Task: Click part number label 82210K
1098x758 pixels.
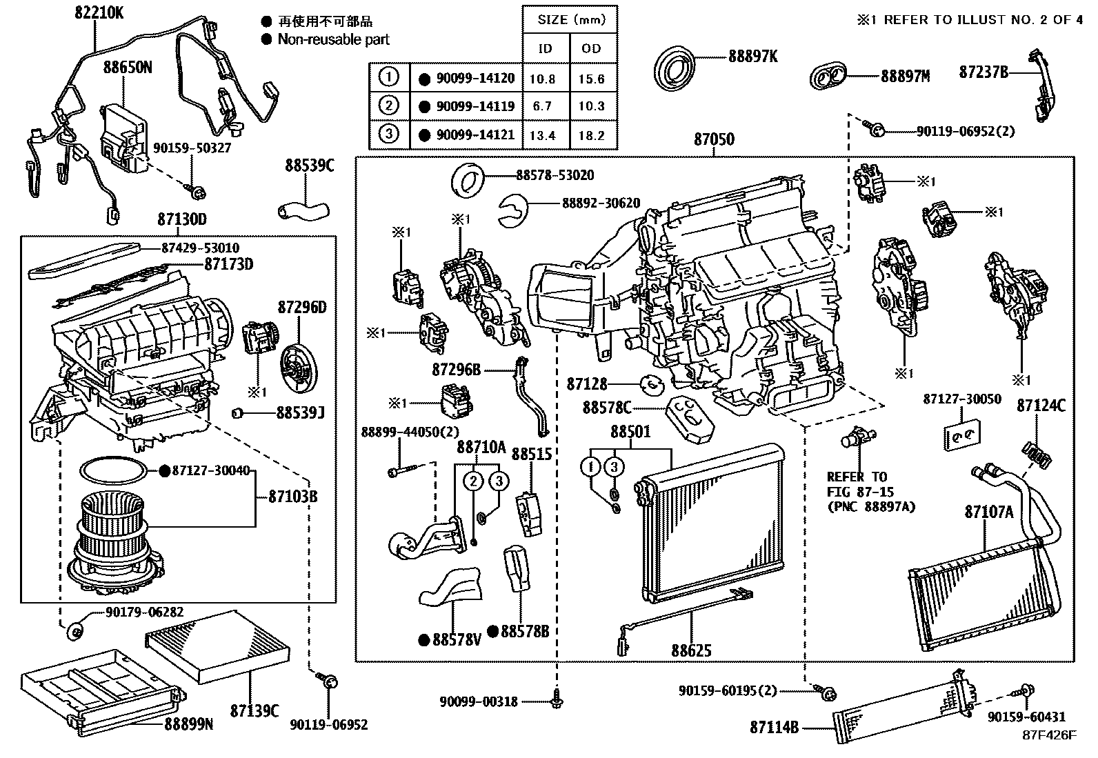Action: point(99,12)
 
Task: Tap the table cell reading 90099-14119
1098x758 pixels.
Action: point(475,106)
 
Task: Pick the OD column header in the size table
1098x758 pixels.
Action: point(592,48)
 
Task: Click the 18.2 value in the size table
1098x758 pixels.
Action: point(592,135)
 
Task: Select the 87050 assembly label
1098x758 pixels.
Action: point(714,139)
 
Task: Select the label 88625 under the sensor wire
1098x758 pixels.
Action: point(690,650)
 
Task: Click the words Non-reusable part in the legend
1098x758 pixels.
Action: point(333,39)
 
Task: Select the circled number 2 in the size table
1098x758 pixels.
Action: point(389,106)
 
